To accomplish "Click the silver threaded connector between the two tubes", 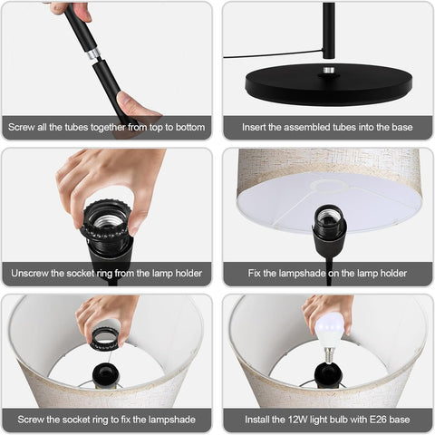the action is [x=93, y=53].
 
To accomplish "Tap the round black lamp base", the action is [x=329, y=83].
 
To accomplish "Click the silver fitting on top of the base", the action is [x=329, y=70].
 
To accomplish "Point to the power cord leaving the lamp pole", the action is [x=273, y=54].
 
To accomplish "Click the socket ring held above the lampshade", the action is [x=106, y=338].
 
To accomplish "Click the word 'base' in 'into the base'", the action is [x=402, y=127].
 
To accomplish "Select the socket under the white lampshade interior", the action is [x=329, y=230].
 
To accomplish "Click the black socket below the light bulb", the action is [x=328, y=374].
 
